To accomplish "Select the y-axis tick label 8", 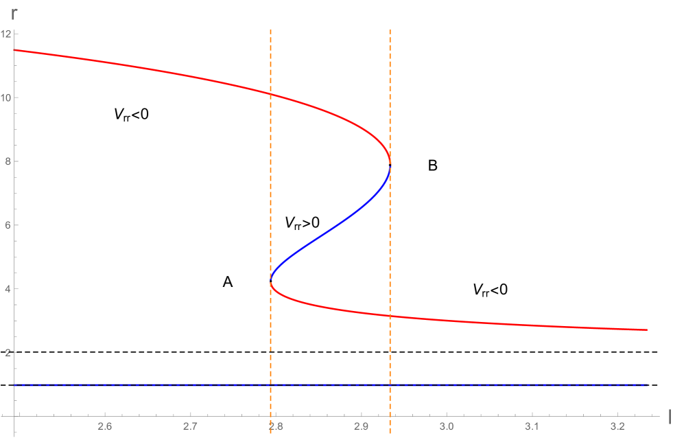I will (7, 161).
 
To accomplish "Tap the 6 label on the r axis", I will (7, 225).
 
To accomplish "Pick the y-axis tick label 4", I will (7, 289).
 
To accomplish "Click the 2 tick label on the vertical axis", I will (7, 353).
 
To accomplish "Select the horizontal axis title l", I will (668, 416).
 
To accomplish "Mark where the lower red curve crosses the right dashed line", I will (390, 316).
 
